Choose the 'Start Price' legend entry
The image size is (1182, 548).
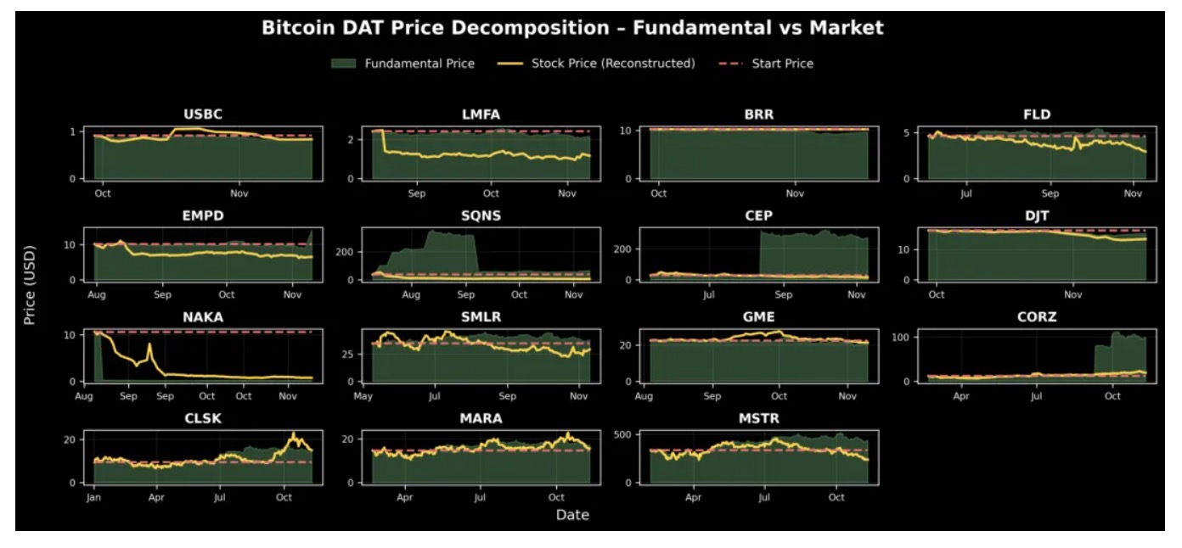pos(782,64)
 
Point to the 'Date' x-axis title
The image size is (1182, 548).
pos(572,515)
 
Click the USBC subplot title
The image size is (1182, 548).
pos(203,115)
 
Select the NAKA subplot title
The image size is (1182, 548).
pos(203,317)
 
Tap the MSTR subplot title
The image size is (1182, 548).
pos(757,418)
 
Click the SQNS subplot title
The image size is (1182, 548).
pos(480,215)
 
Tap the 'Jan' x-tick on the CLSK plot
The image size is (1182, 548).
pos(93,498)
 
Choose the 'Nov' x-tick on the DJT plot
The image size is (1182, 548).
pos(1073,295)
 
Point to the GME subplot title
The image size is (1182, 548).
pos(757,317)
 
